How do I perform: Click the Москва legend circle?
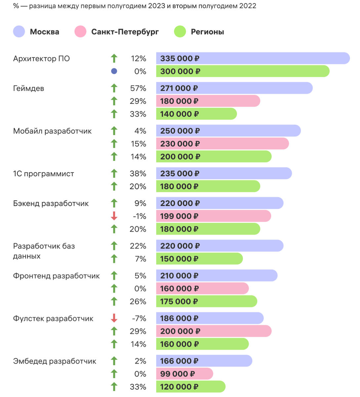[x=19, y=32]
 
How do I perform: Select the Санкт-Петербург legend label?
[x=125, y=32]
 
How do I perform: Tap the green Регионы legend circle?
[x=180, y=32]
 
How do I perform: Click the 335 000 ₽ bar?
[x=253, y=58]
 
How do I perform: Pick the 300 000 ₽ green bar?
[x=243, y=71]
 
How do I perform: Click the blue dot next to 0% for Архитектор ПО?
[x=114, y=71]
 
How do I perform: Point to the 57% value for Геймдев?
[x=138, y=88]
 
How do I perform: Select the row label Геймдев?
[x=28, y=88]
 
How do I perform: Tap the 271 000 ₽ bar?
[x=234, y=88]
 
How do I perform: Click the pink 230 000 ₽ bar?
[x=222, y=144]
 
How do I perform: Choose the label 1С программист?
[x=43, y=174]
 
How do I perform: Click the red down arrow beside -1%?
[x=114, y=216]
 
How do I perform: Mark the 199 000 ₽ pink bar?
[x=213, y=216]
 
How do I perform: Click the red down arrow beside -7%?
[x=114, y=318]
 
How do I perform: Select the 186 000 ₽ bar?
[x=210, y=318]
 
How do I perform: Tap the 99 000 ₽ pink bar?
[x=184, y=374]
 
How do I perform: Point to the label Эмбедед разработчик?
[x=55, y=361]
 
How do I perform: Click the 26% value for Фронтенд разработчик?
[x=138, y=302]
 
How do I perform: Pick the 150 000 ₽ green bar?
[x=199, y=259]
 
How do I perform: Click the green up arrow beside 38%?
[x=114, y=173]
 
